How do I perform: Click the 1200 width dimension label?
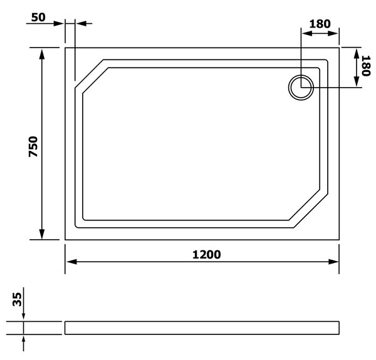pyautogui.click(x=206, y=255)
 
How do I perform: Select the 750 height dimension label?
pyautogui.click(x=33, y=147)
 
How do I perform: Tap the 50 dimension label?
pyautogui.click(x=38, y=18)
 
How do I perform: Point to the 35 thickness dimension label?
pyautogui.click(x=17, y=299)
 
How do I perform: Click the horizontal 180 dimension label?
pyautogui.click(x=320, y=24)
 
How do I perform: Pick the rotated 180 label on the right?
pyautogui.click(x=366, y=66)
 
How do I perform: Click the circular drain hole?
pyautogui.click(x=301, y=88)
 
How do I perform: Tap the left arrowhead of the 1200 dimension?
pyautogui.click(x=71, y=262)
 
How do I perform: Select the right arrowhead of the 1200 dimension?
pyautogui.click(x=333, y=262)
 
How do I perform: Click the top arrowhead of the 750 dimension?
pyautogui.click(x=42, y=54)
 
